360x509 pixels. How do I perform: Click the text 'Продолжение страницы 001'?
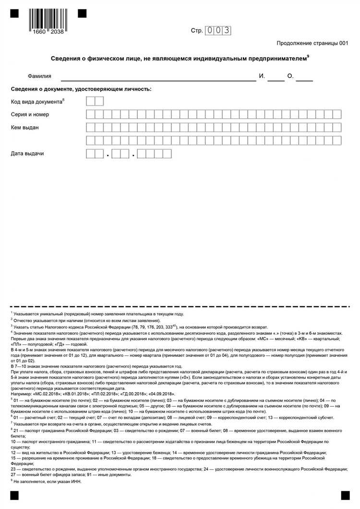(x=312, y=43)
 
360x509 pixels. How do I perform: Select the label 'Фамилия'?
(x=39, y=76)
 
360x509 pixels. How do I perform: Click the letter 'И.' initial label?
(x=262, y=76)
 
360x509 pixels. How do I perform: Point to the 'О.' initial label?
(x=290, y=76)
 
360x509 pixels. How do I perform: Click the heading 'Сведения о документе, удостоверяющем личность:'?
(x=81, y=89)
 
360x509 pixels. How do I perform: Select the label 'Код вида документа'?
(x=36, y=102)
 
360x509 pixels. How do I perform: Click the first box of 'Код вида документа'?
(x=90, y=101)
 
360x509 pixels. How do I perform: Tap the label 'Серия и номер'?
(x=30, y=115)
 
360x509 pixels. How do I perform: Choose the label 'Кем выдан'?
(x=25, y=128)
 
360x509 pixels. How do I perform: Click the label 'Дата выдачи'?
(x=27, y=154)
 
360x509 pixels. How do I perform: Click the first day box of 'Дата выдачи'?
(x=90, y=154)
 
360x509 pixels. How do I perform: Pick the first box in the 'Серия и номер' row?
(x=90, y=114)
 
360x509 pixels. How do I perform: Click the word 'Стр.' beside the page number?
(x=197, y=31)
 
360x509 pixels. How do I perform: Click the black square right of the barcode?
(x=82, y=13)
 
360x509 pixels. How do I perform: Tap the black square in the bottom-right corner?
(x=345, y=495)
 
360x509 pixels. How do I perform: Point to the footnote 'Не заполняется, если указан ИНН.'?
(x=42, y=482)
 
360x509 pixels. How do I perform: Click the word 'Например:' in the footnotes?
(x=23, y=394)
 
